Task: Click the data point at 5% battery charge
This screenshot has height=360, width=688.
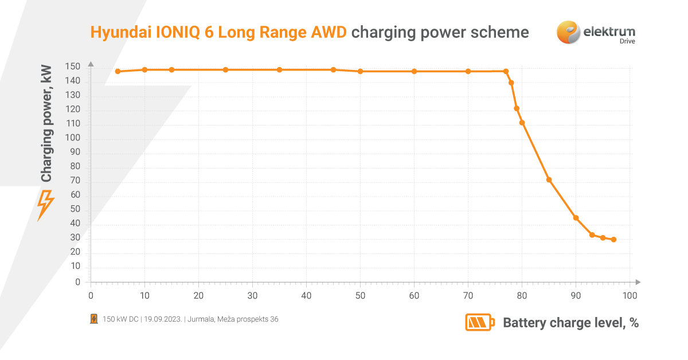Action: tap(118, 72)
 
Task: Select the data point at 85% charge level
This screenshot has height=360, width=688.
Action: tap(549, 180)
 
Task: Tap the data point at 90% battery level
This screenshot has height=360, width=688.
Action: tap(576, 218)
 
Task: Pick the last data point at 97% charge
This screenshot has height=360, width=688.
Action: tap(613, 240)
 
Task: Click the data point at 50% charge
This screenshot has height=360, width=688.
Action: tap(360, 72)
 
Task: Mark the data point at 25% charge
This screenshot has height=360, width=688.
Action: tap(225, 70)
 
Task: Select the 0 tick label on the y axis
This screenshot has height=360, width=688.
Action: tap(78, 282)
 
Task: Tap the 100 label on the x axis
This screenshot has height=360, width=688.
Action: tap(630, 296)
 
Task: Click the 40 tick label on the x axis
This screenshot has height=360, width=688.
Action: tap(306, 296)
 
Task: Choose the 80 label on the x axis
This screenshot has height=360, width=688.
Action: tap(522, 296)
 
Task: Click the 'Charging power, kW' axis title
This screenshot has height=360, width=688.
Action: tap(46, 123)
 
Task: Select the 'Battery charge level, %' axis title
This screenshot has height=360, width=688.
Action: tap(570, 323)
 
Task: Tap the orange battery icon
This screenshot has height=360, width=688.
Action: tap(479, 322)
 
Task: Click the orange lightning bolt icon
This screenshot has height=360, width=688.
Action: tap(45, 205)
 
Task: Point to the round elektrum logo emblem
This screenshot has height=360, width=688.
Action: tap(568, 32)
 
